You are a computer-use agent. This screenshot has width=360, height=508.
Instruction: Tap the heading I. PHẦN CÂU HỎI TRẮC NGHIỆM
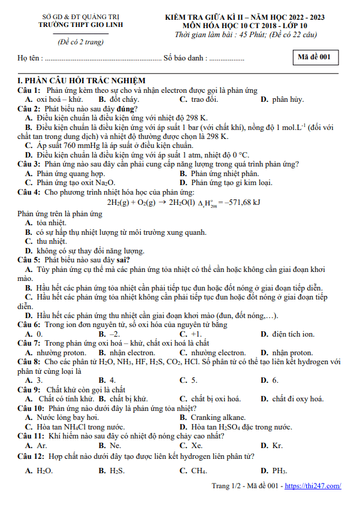81,81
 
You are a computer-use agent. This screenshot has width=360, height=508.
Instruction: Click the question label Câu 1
29,90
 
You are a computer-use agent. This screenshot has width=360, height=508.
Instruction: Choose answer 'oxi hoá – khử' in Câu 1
59,99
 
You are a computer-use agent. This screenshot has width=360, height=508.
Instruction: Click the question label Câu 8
29,362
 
